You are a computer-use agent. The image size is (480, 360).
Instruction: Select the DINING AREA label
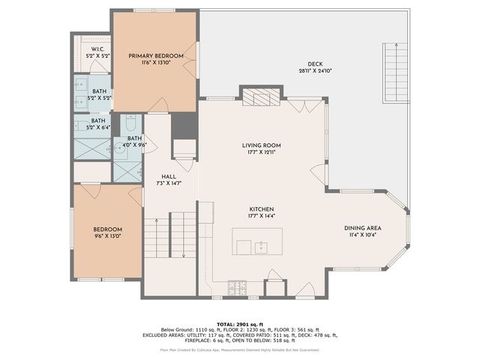[x=363, y=228]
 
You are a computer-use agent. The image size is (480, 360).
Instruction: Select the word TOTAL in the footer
[x=229, y=322]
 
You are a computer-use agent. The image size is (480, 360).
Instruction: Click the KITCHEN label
[x=261, y=209]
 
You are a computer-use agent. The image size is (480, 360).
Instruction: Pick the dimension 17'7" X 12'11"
[x=261, y=152]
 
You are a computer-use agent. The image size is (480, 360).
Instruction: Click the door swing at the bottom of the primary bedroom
[x=159, y=106]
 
